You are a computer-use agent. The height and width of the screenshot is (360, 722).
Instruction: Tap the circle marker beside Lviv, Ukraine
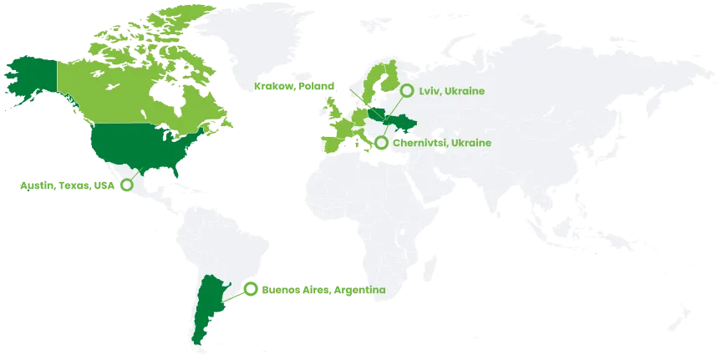(407, 90)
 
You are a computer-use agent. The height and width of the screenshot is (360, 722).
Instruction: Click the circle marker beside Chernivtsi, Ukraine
(381, 143)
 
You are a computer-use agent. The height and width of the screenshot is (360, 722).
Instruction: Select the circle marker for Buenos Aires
(250, 290)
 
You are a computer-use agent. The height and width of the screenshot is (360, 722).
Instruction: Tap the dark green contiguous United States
(138, 146)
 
